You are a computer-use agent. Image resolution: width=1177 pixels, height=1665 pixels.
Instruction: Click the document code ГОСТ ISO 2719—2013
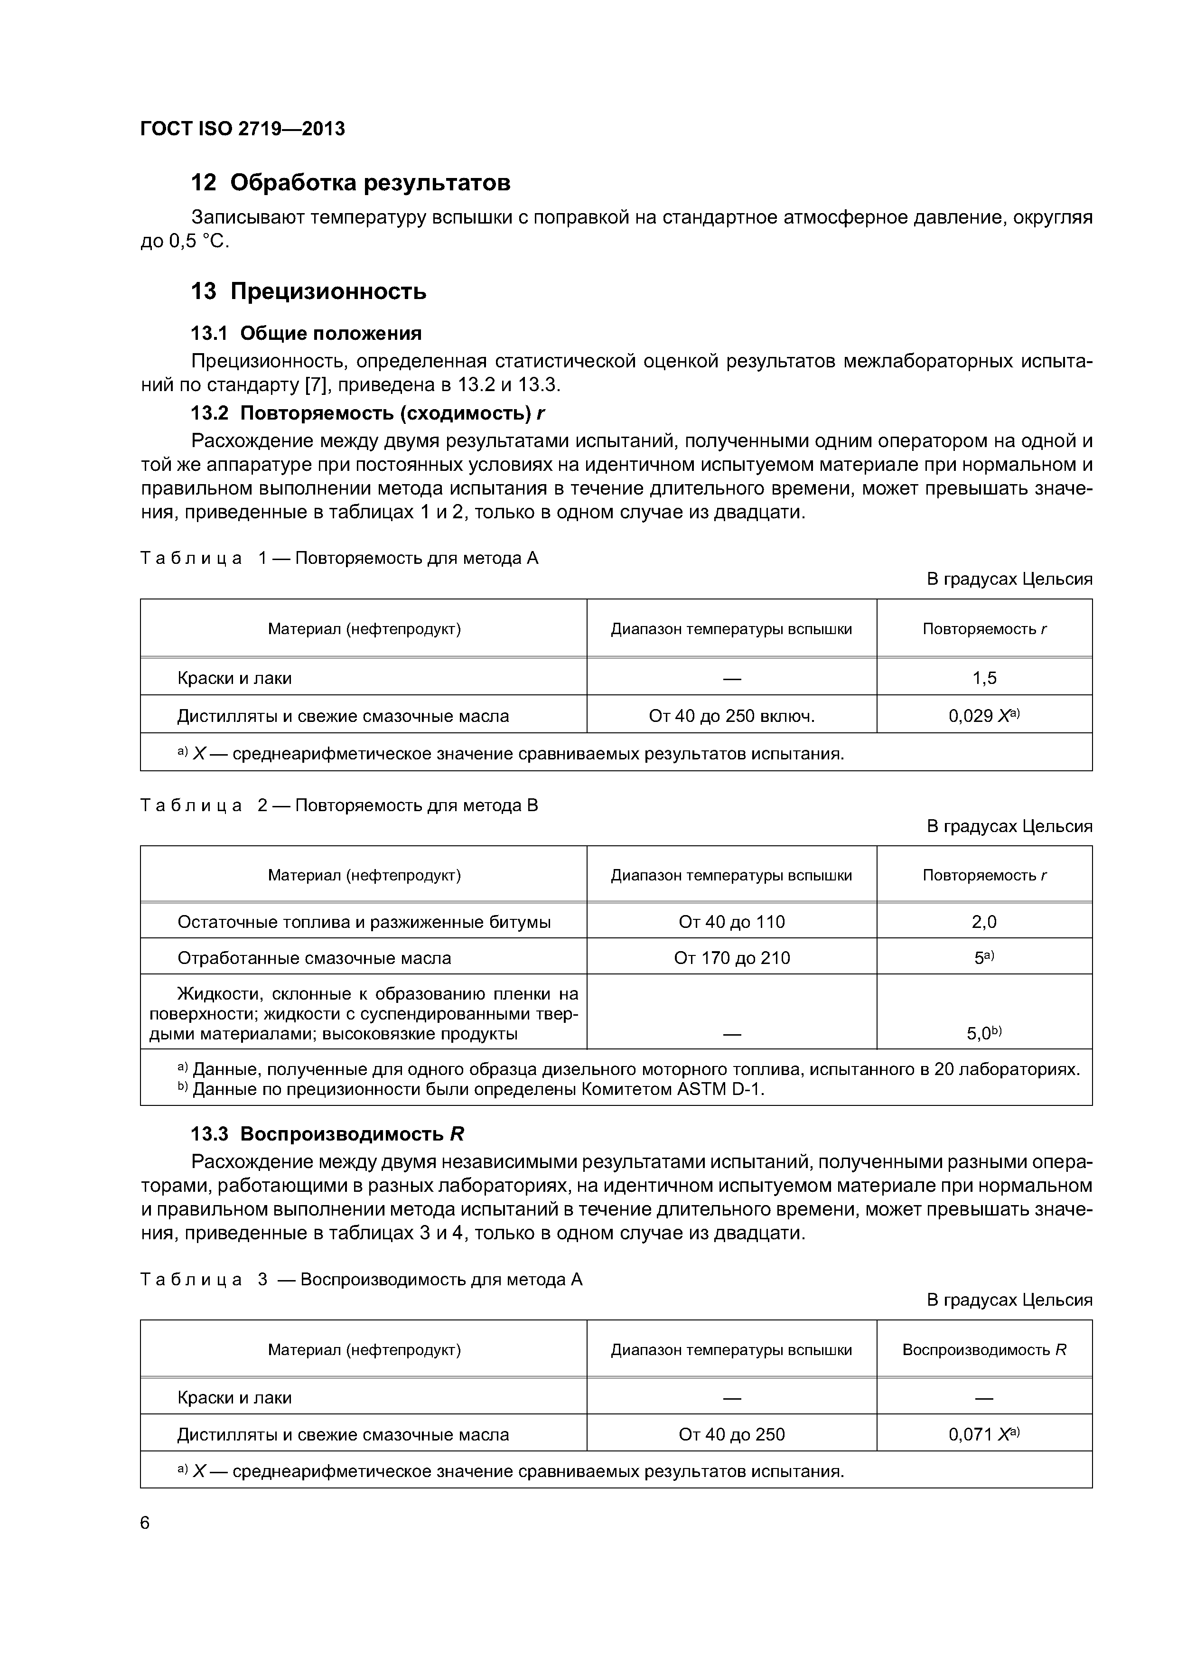pyautogui.click(x=242, y=129)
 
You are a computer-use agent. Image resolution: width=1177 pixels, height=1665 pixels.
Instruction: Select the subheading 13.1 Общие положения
pyautogui.click(x=305, y=334)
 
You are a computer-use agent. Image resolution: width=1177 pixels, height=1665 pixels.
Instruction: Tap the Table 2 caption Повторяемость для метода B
pyautogui.click(x=417, y=805)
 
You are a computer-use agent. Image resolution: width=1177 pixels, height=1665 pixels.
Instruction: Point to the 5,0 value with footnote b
pyautogui.click(x=983, y=1033)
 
